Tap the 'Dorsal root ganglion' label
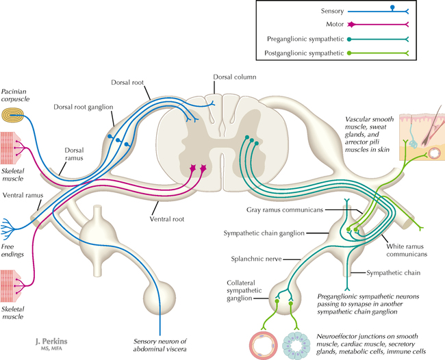tap(81, 107)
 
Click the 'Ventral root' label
tap(169, 221)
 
